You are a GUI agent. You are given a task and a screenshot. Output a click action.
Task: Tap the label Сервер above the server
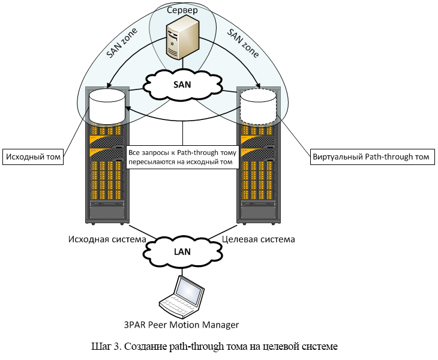pyautogui.click(x=182, y=10)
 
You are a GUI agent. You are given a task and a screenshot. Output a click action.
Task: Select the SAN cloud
pyautogui.click(x=182, y=85)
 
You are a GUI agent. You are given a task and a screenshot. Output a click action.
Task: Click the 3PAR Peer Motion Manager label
pyautogui.click(x=182, y=325)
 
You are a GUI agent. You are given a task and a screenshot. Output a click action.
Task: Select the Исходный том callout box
pyautogui.click(x=33, y=158)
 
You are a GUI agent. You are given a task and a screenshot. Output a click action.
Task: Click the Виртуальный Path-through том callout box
pyautogui.click(x=371, y=158)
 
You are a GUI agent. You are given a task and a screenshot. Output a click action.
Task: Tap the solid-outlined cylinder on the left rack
pyautogui.click(x=107, y=106)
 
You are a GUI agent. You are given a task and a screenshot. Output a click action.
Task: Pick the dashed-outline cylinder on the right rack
pyautogui.click(x=258, y=106)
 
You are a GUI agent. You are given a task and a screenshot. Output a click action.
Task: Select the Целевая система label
pyautogui.click(x=259, y=239)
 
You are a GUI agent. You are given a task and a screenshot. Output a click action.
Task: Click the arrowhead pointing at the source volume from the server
pyautogui.click(x=109, y=86)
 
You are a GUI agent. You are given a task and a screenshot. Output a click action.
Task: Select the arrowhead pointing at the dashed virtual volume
pyautogui.click(x=257, y=86)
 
